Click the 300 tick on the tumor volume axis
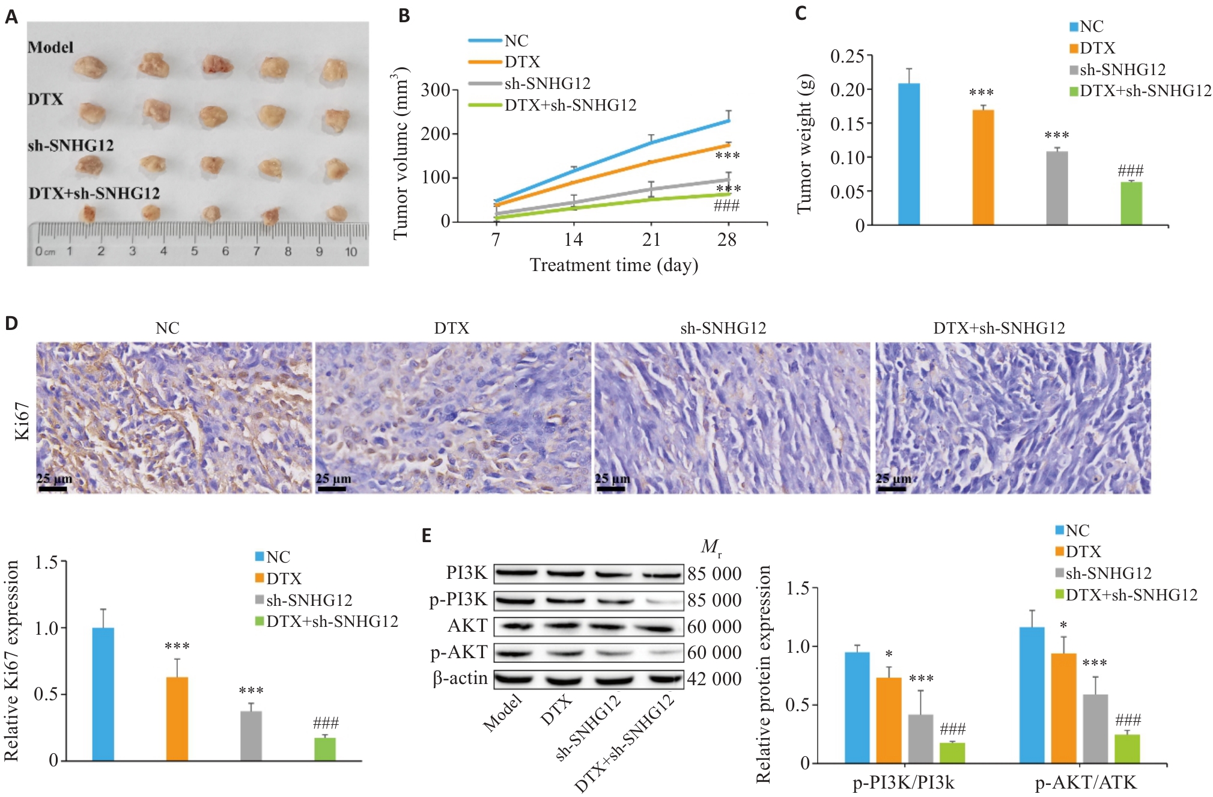(x=436, y=90)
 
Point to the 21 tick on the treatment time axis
(x=651, y=240)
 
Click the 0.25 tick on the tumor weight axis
(x=847, y=56)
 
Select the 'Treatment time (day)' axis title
(x=613, y=265)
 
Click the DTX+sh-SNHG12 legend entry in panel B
(x=570, y=105)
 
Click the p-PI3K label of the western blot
(x=458, y=600)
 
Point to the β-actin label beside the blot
(x=460, y=678)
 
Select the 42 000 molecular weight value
(x=714, y=679)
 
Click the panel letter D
(x=11, y=323)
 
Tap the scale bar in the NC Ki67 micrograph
(x=52, y=489)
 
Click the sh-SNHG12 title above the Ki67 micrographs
(x=723, y=328)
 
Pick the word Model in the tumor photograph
(x=50, y=47)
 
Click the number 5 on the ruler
(x=194, y=251)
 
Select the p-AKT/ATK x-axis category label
(x=1086, y=782)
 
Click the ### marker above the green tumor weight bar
(x=1130, y=171)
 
